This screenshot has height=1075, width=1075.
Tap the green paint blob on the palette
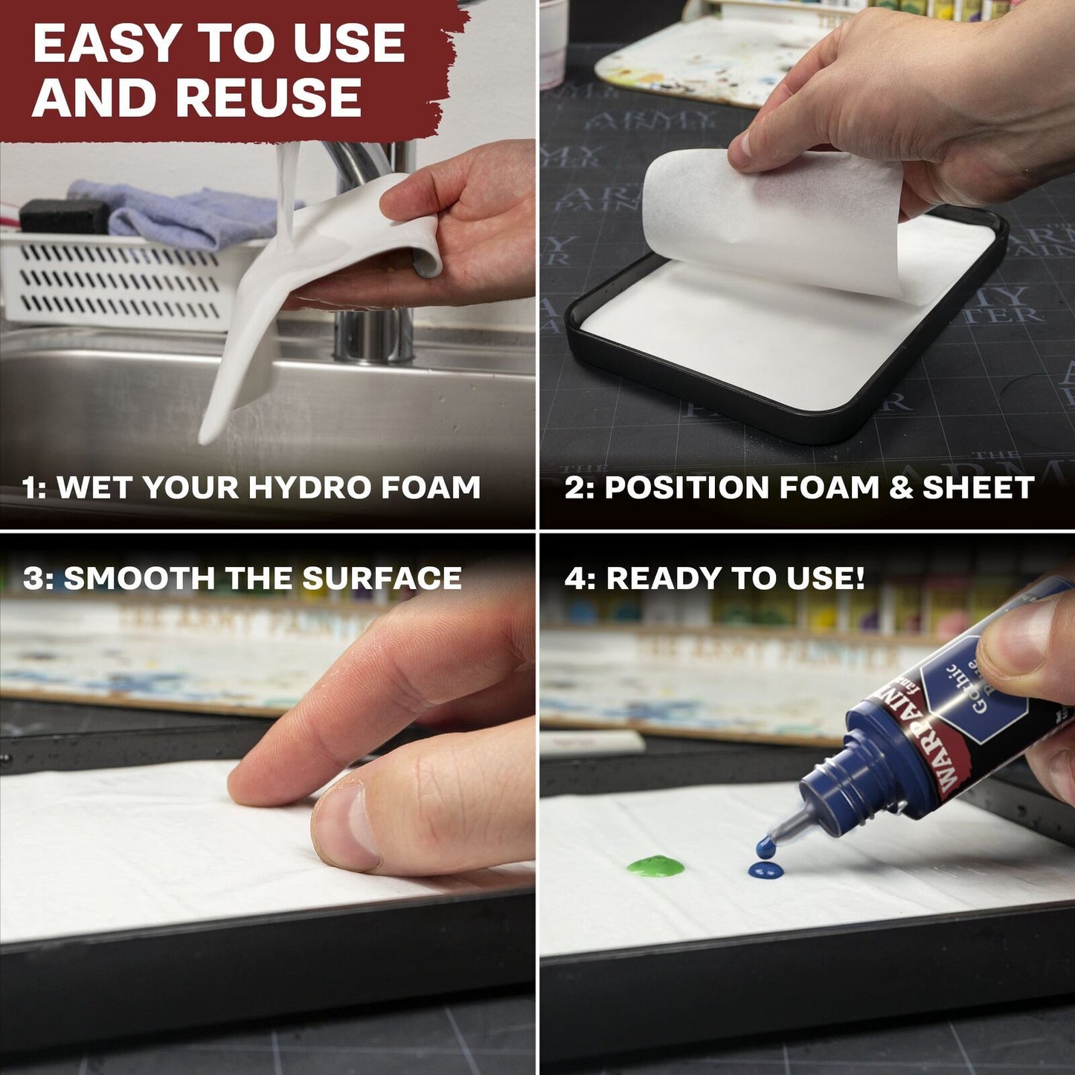[x=655, y=865]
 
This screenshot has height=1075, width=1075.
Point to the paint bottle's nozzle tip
[x=766, y=844]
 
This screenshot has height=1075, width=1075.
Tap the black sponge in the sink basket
[x=63, y=216]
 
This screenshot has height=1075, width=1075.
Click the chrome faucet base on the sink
[x=372, y=335]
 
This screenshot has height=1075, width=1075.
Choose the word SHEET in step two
[x=978, y=488]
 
